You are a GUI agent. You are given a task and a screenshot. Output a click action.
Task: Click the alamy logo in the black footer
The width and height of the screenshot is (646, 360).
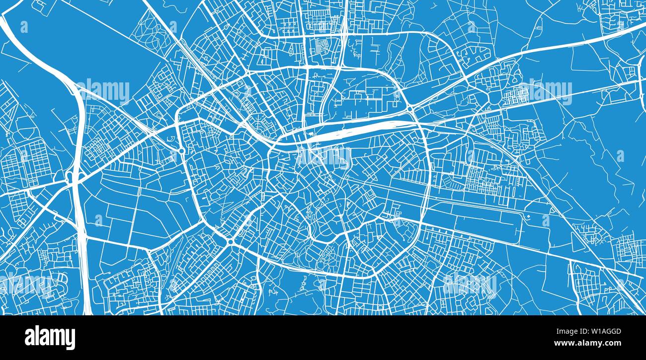pos(50,337)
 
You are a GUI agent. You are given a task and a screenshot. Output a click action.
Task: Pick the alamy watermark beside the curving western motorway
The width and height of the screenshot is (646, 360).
pos(103,91)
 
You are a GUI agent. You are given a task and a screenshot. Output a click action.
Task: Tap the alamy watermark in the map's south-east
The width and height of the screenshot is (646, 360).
pos(470,284)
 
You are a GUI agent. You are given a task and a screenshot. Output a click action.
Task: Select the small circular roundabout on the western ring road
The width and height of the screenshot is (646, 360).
pos(182,150)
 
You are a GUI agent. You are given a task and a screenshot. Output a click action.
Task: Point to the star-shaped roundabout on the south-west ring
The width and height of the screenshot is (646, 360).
pos(230,242)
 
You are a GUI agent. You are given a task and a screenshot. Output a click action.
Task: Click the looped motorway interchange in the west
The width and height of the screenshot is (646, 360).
pos(70,177)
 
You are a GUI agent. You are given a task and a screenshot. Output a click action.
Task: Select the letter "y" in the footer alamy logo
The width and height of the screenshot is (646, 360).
pos(71,340)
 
